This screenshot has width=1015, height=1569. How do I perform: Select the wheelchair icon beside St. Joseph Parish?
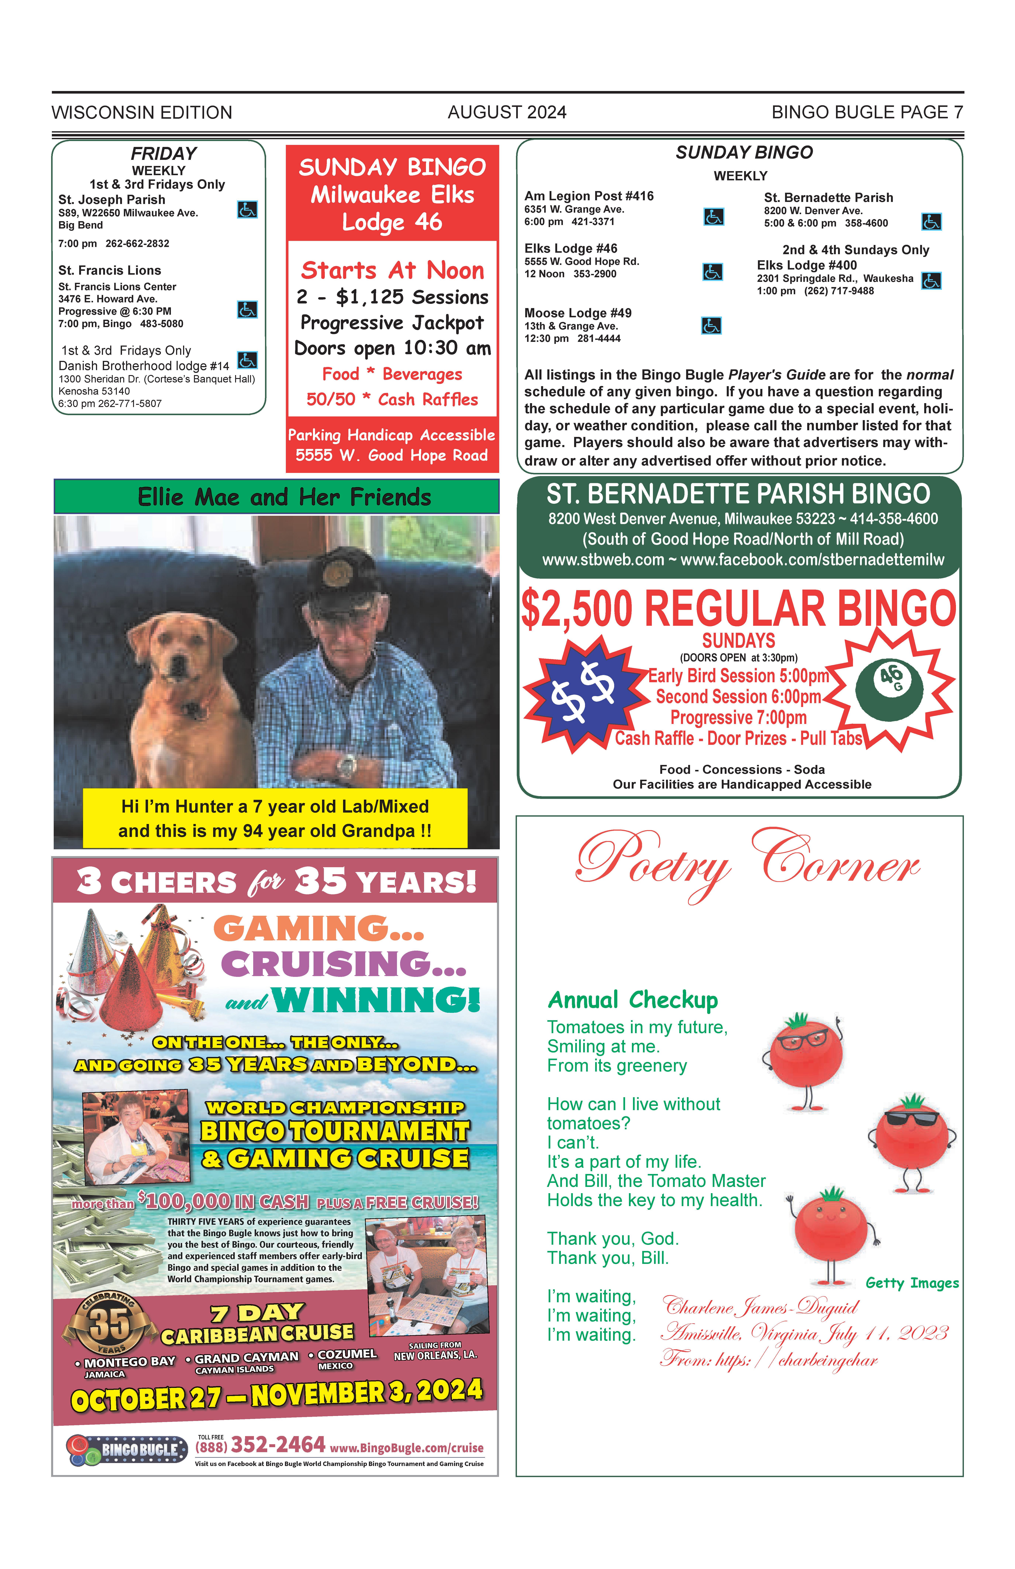tap(247, 210)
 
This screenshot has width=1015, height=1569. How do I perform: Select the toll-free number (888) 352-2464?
tap(260, 1445)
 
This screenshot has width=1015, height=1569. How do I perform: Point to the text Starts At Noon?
tap(392, 270)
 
